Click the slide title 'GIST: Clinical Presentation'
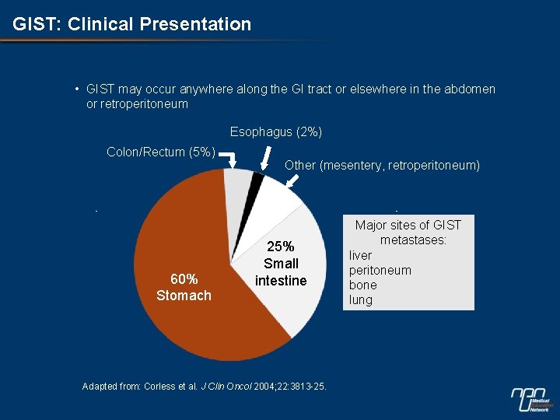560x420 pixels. coord(132,24)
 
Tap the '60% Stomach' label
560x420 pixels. coord(184,287)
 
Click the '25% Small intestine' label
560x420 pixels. coord(281,264)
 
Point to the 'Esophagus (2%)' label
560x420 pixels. coord(275,131)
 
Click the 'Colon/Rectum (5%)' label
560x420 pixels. coord(160,152)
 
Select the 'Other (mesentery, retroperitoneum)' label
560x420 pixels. coord(382,165)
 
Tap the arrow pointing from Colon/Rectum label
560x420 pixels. coord(229,159)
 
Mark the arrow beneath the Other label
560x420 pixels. coord(293,180)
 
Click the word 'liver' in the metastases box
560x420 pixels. coord(360,255)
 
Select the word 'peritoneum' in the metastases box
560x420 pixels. coord(380,270)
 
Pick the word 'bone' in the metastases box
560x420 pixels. coord(362,285)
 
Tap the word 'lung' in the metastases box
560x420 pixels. coord(361,299)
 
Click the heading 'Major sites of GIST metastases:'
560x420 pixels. coord(408,233)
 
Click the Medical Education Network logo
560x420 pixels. coord(532,397)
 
